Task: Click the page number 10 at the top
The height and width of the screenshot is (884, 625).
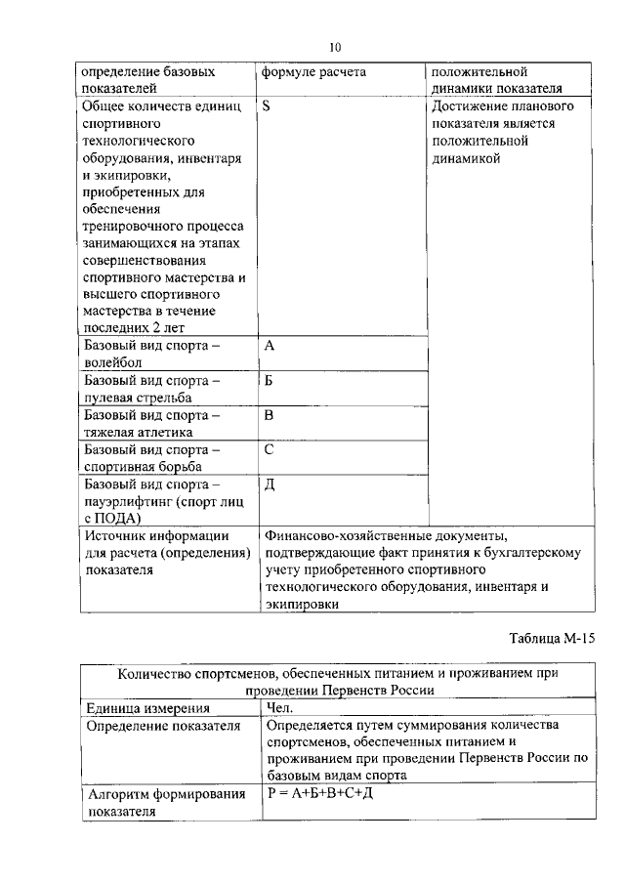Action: click(334, 46)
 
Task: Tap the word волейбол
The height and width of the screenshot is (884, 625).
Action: click(114, 362)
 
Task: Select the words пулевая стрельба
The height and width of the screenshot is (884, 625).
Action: click(138, 398)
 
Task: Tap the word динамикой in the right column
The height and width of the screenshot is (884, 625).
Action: click(466, 157)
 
